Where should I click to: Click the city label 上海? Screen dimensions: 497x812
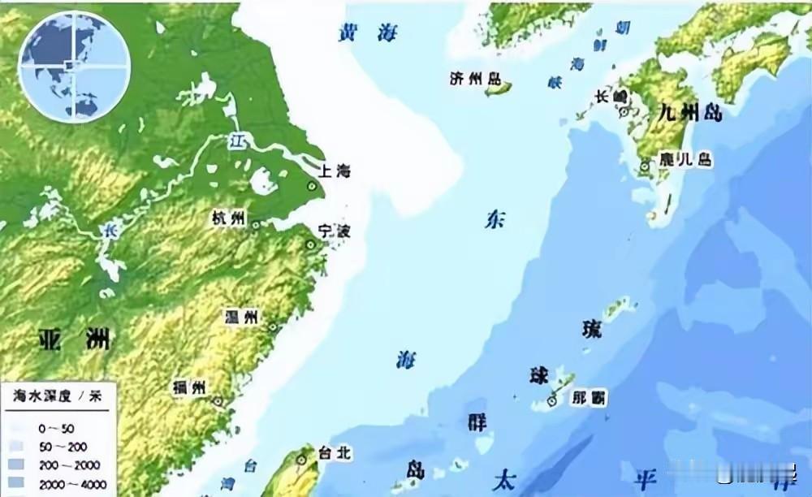(x=335, y=171)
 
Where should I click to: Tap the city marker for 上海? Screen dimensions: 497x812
(x=311, y=186)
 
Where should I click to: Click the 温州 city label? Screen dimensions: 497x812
(x=241, y=317)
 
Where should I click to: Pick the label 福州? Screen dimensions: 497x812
(x=189, y=387)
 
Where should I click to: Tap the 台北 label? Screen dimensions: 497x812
(x=334, y=453)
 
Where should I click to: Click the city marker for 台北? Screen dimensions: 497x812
(x=302, y=460)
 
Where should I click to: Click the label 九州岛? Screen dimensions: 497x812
(x=690, y=112)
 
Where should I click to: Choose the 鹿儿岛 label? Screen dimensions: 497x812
(x=686, y=159)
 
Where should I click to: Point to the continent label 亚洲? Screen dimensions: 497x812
(x=74, y=340)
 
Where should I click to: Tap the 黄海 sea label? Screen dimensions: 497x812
(x=368, y=32)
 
